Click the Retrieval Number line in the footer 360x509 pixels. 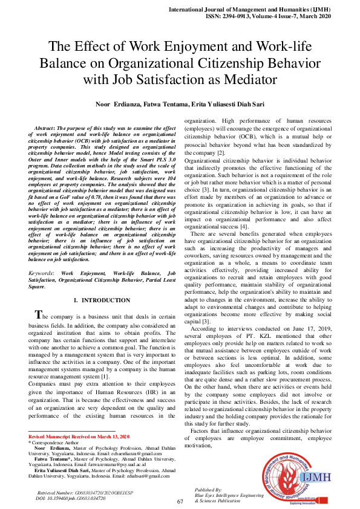click(x=83, y=493)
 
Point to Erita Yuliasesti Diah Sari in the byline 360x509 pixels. click(x=228, y=104)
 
